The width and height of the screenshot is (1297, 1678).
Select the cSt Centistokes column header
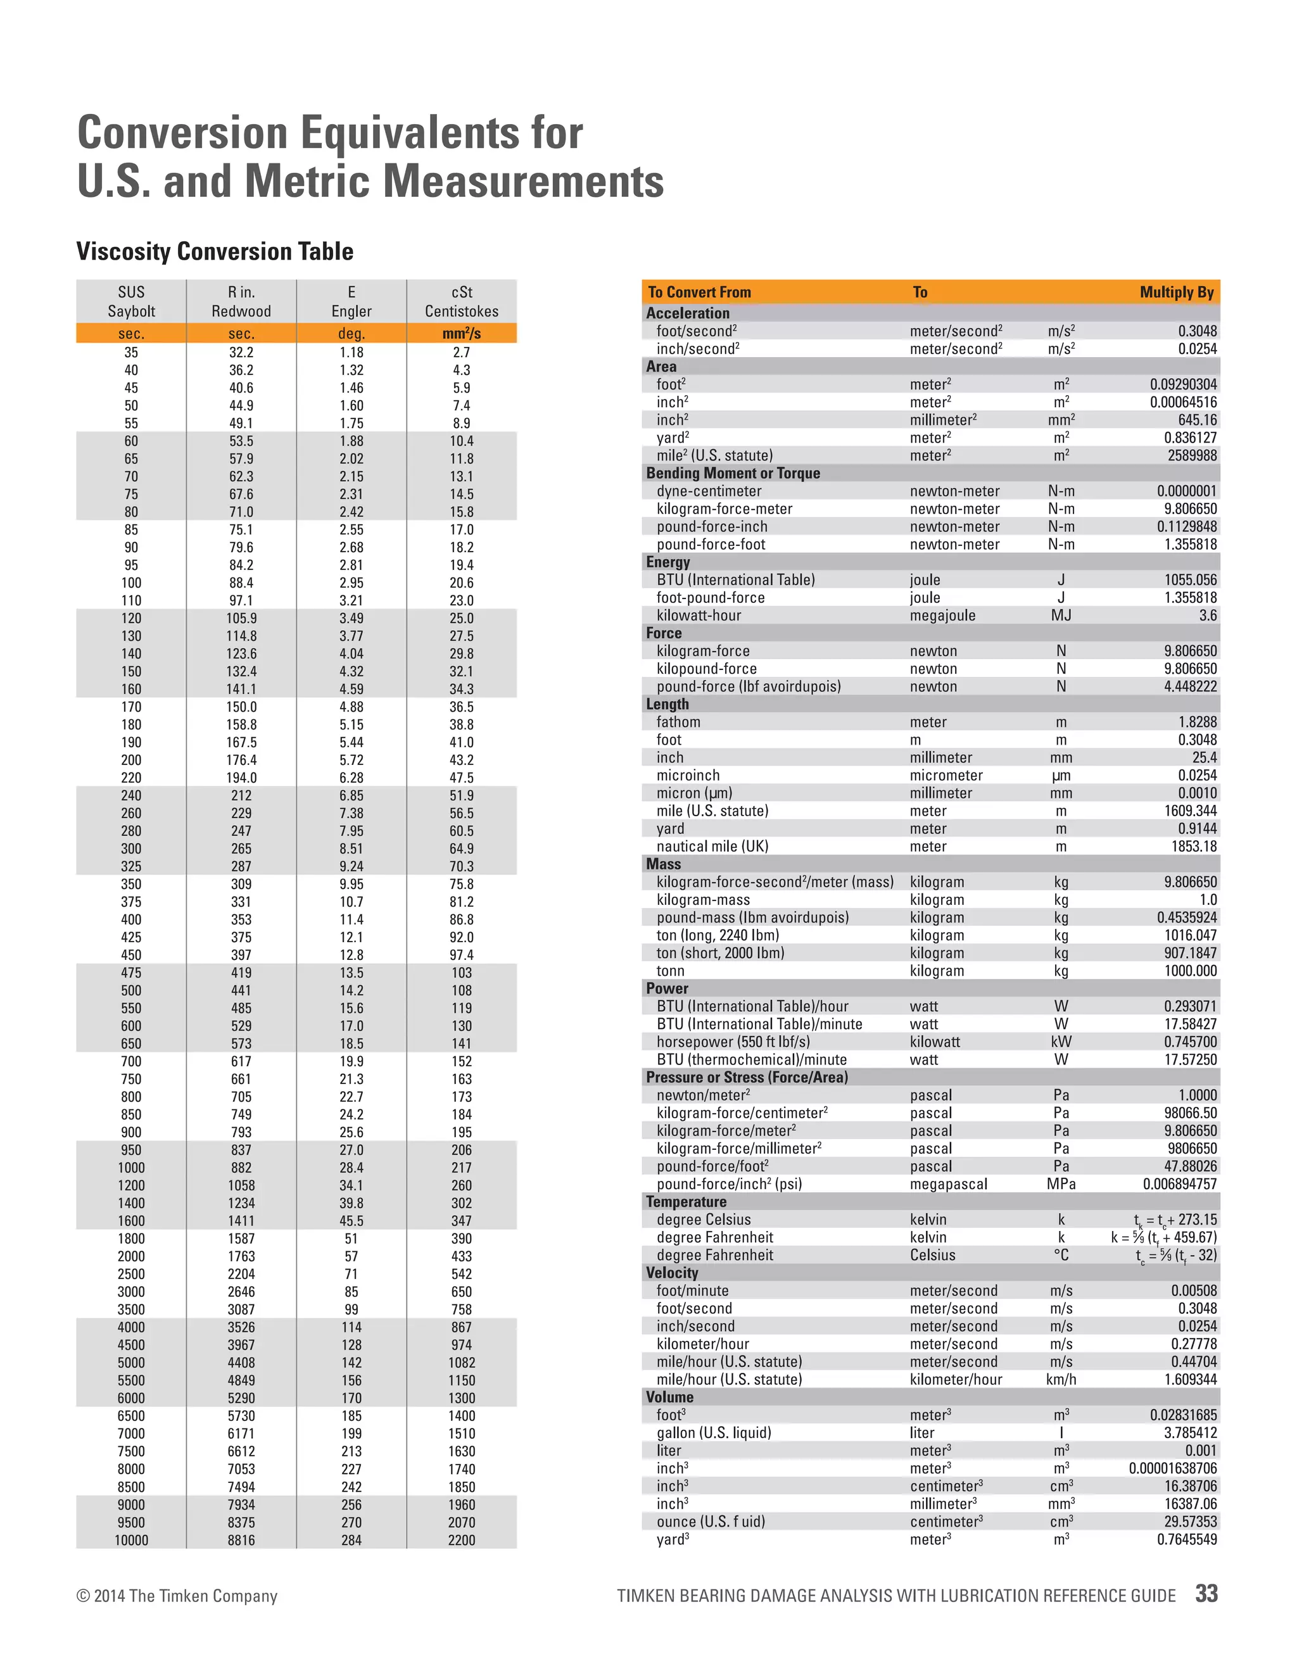461,301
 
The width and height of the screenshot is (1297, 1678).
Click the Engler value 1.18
351,353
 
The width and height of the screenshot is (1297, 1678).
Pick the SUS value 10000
131,1540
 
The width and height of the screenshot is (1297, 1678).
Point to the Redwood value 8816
241,1540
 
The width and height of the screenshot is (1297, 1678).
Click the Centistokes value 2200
461,1540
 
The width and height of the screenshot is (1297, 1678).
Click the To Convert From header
699,293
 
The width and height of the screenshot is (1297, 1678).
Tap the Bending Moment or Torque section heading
732,473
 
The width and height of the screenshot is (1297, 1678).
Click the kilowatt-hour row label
699,615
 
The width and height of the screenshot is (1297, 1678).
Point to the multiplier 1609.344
1190,811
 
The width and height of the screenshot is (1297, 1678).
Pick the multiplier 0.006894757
1179,1184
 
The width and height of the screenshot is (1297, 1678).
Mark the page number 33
1206,1594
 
